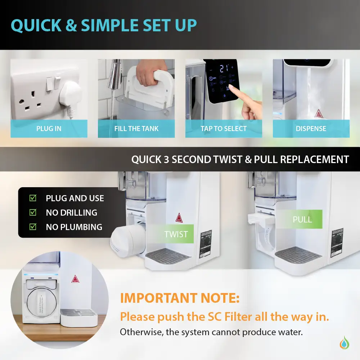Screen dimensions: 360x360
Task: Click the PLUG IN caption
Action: [49, 129]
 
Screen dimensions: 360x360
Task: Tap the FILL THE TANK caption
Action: [136, 129]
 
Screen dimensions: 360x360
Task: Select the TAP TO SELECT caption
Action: [224, 129]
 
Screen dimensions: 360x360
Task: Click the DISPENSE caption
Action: [311, 129]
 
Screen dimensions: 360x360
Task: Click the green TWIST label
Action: [176, 234]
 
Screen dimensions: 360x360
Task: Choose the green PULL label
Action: [302, 219]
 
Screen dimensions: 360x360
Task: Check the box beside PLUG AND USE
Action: [33, 198]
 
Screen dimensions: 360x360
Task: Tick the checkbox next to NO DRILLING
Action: [33, 212]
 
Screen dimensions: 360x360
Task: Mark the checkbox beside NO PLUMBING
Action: [33, 227]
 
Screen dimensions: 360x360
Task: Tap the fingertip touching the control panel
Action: [233, 87]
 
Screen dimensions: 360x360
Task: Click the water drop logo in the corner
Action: [345, 342]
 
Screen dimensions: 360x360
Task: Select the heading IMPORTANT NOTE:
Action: [179, 298]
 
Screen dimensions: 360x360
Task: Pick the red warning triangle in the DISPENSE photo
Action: [318, 114]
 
